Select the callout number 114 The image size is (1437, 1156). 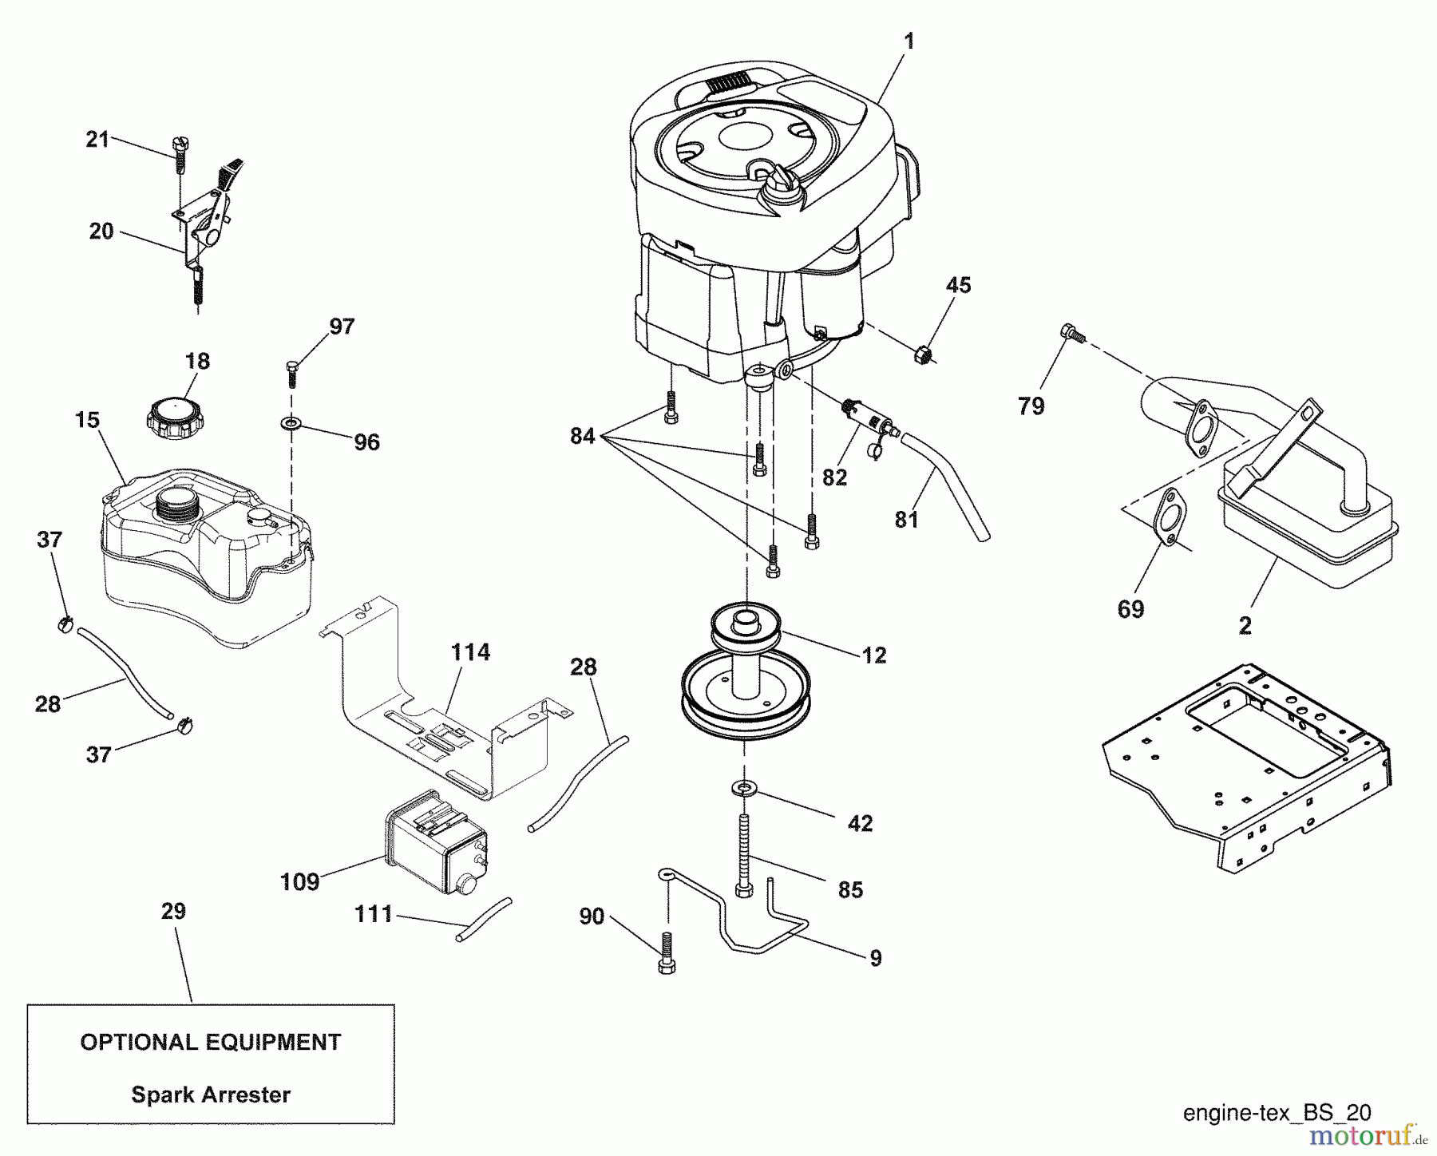point(469,652)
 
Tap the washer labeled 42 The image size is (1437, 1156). point(743,789)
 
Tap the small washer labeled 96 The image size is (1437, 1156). point(291,421)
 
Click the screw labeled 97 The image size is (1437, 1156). point(291,373)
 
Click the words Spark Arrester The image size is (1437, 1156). point(210,1095)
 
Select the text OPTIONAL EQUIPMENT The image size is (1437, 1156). point(210,1042)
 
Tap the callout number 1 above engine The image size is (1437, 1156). point(909,42)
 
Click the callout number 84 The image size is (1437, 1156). point(582,436)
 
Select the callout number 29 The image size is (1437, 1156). point(173,911)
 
